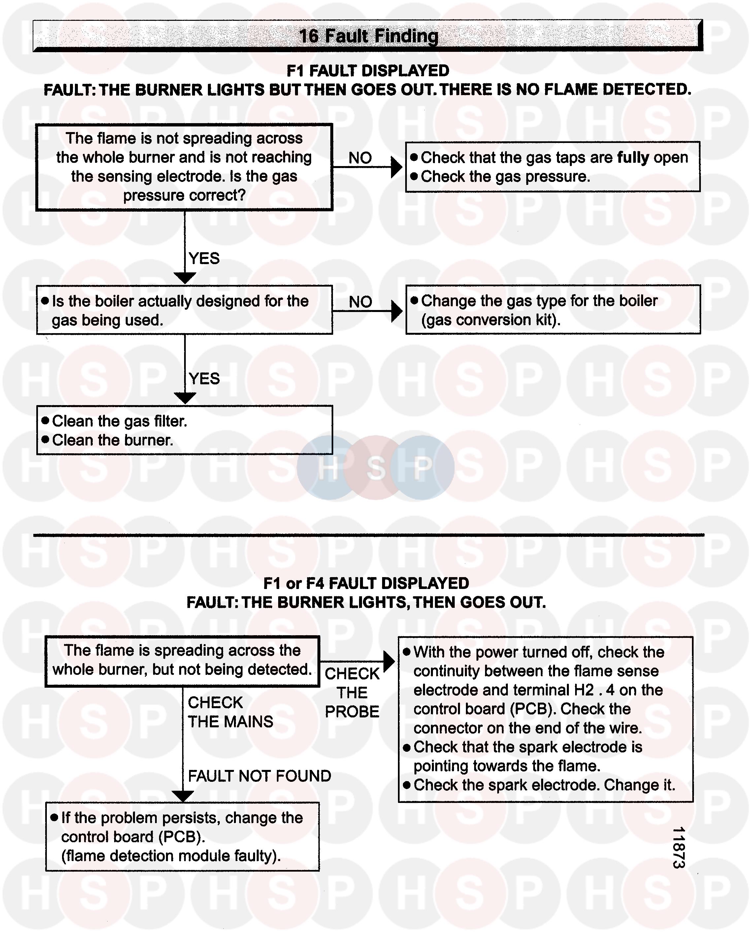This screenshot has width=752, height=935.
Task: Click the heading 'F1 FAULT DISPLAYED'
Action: coord(368,71)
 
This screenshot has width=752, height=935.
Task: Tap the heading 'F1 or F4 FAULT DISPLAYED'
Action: coord(366,583)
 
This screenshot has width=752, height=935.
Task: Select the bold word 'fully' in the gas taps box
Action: coord(633,157)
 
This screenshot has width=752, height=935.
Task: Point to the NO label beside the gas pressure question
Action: coord(360,158)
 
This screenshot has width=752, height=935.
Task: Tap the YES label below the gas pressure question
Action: coord(204,259)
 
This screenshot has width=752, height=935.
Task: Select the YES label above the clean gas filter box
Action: coord(204,379)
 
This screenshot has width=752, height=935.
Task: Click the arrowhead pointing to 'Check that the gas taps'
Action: coord(396,167)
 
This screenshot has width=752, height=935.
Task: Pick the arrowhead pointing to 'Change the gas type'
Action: coord(396,311)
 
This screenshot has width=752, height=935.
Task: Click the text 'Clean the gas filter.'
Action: coord(120,421)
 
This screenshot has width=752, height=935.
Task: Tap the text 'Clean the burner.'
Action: coord(113,440)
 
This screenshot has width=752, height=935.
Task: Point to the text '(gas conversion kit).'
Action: coord(491,320)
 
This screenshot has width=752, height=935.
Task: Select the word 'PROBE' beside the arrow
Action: coord(352,712)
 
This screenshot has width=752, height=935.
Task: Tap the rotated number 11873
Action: coord(679,848)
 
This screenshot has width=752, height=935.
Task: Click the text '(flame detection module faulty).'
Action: coord(171,856)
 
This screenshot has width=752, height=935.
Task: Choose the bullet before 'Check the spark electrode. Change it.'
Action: coord(407,785)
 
